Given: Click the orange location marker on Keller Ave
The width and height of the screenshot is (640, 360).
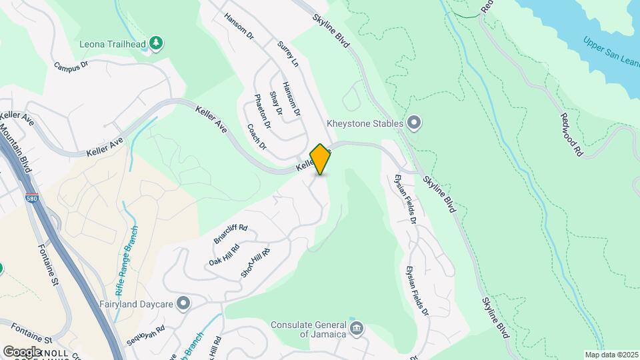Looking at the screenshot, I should [320, 159].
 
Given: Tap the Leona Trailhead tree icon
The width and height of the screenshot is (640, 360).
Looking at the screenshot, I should [156, 43].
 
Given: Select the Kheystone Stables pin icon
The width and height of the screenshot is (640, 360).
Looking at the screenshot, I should [414, 123].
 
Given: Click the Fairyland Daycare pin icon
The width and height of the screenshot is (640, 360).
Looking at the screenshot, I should [184, 304].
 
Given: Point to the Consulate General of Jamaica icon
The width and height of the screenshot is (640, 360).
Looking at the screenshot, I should [357, 328].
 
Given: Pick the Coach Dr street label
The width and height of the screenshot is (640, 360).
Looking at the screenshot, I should [256, 137].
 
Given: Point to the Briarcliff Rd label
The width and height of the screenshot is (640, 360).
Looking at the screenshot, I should [231, 233].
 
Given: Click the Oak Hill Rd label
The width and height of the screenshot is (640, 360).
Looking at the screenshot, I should [224, 251].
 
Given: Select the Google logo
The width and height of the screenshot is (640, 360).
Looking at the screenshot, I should [22, 351].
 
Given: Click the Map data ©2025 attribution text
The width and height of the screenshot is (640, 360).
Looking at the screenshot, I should [611, 355].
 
